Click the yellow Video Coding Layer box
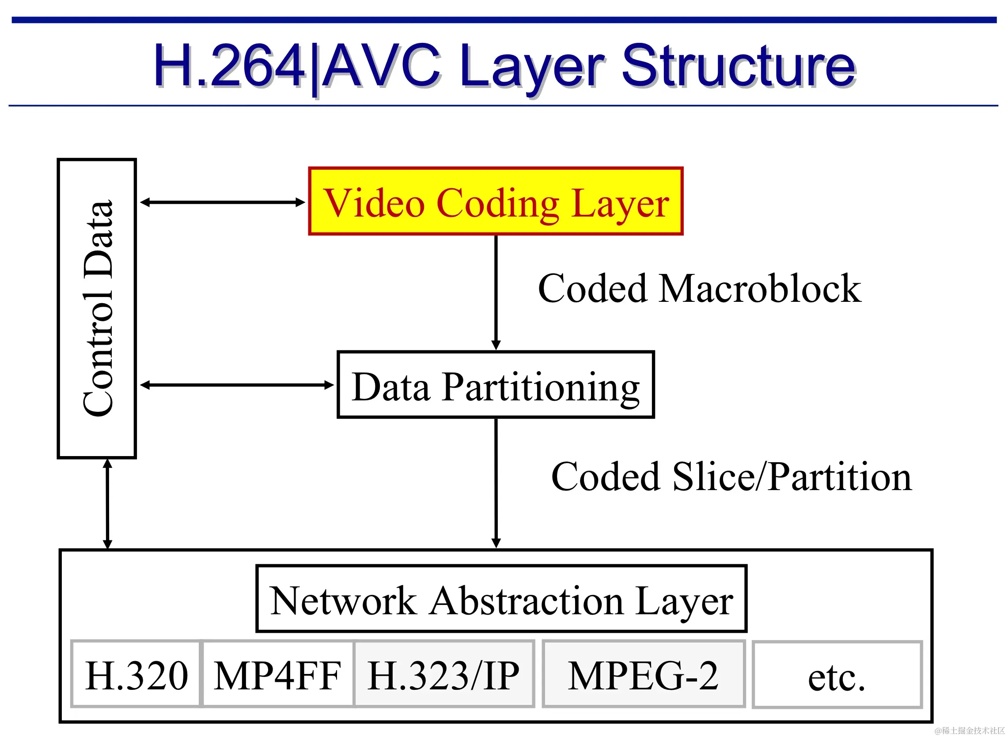496,202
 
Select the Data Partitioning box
496,385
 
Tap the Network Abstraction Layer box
501,599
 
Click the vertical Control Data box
97,308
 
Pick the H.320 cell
136,675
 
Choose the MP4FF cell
278,675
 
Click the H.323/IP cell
444,675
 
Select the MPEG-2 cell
643,675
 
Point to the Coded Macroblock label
700,289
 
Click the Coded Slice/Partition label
731,477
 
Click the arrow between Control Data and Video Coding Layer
222,202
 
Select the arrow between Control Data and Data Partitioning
237,385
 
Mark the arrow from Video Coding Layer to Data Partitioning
496,293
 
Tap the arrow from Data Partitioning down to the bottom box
496,483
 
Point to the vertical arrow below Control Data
107,504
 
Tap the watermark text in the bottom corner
970,731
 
